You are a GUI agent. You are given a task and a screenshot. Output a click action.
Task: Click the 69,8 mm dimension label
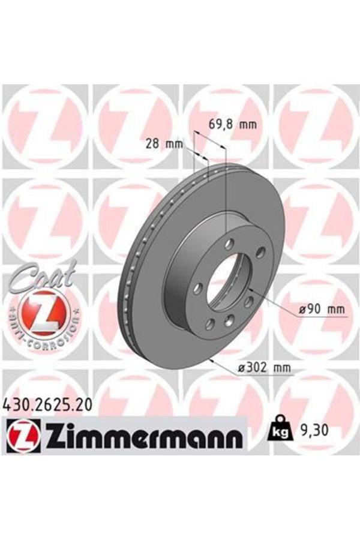tap(232, 125)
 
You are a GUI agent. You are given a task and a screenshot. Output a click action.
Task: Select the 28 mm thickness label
tap(164, 144)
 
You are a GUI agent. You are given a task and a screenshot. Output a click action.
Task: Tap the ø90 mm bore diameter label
tap(322, 309)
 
